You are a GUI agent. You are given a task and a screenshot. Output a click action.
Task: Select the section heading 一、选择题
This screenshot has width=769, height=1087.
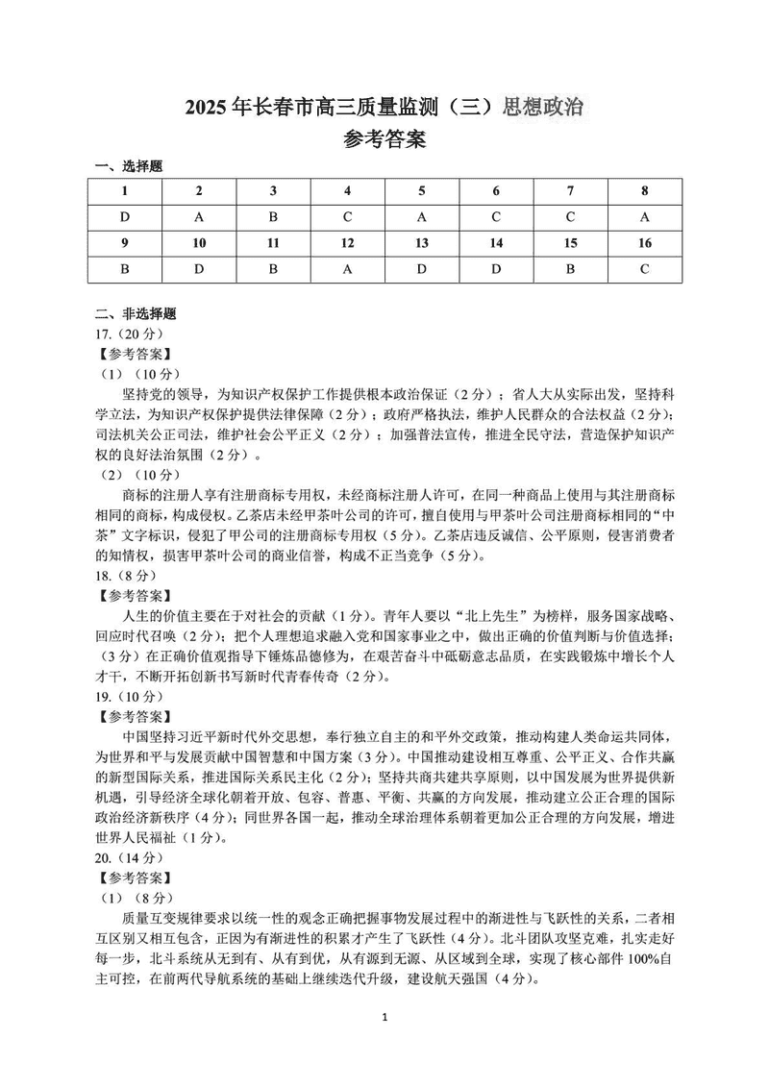pyautogui.click(x=129, y=166)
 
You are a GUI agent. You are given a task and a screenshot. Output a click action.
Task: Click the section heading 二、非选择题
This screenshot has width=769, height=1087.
pyautogui.click(x=136, y=313)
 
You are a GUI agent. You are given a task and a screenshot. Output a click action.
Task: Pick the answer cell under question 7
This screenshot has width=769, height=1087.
pyautogui.click(x=570, y=216)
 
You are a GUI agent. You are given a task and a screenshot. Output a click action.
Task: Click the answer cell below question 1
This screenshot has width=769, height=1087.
pyautogui.click(x=125, y=216)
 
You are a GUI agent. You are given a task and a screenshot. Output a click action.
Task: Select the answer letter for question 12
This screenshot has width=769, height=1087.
pyautogui.click(x=348, y=269)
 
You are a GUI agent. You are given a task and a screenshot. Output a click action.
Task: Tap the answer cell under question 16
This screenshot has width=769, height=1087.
pyautogui.click(x=645, y=269)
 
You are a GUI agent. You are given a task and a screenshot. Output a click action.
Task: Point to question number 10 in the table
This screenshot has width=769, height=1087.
pyautogui.click(x=199, y=243)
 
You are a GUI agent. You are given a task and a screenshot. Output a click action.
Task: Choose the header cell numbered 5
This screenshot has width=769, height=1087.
pyautogui.click(x=422, y=190)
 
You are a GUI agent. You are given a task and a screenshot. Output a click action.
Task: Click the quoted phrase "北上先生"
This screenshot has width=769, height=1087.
pyautogui.click(x=495, y=615)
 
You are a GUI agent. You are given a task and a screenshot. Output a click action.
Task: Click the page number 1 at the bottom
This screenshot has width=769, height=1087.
pyautogui.click(x=384, y=1044)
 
